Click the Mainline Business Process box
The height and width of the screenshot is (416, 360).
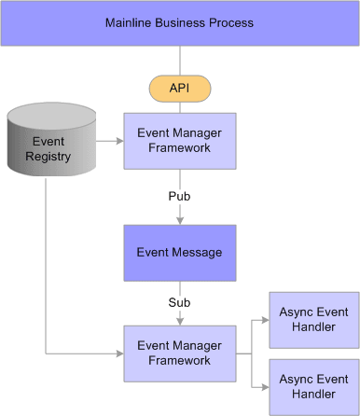tap(179, 23)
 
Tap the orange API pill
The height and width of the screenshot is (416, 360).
tap(179, 88)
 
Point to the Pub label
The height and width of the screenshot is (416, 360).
tap(179, 198)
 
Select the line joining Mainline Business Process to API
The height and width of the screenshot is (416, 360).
tap(179, 61)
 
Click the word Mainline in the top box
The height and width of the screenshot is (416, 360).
tap(132, 22)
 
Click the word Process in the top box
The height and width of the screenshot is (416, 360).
tap(230, 22)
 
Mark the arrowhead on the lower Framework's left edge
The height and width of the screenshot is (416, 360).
tap(118, 354)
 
